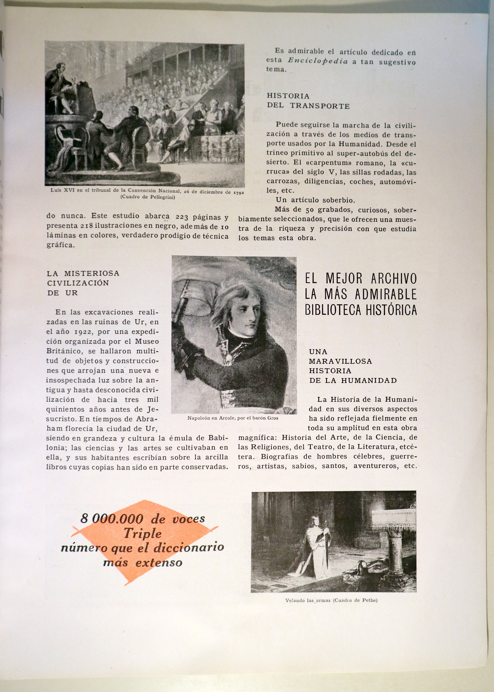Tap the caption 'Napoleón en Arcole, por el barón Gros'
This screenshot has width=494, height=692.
[233, 418]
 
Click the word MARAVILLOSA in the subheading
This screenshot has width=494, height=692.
[340, 361]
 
